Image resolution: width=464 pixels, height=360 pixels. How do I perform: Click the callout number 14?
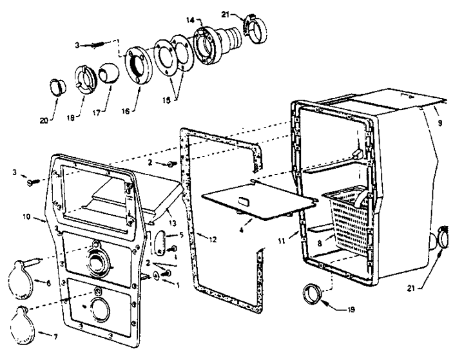[x=190, y=20]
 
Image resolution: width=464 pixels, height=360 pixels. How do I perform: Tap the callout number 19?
[x=351, y=309]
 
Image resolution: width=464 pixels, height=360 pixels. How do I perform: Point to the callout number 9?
[x=440, y=122]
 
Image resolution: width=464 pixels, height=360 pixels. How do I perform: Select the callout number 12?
[x=213, y=240]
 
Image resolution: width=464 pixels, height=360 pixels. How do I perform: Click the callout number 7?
[x=55, y=336]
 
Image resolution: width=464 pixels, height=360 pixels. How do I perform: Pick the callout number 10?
[x=26, y=217]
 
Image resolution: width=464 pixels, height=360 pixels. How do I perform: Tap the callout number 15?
[x=166, y=100]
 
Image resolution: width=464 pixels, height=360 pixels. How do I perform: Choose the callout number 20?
[x=44, y=120]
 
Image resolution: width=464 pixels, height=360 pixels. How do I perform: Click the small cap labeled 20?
[x=57, y=87]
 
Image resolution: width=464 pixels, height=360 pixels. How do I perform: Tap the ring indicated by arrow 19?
[x=313, y=294]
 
